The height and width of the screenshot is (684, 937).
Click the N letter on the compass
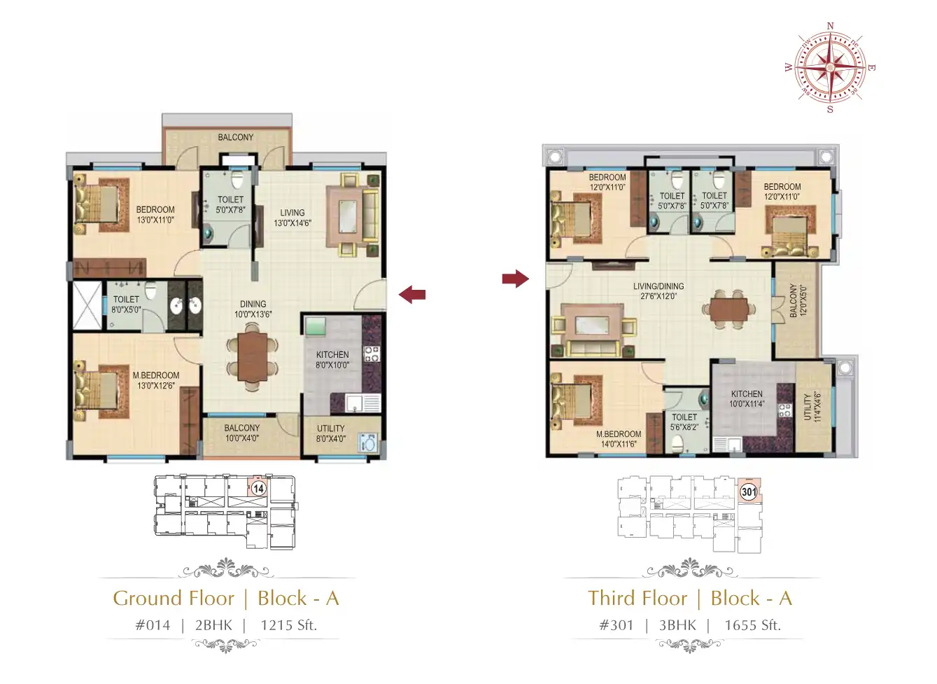click(831, 26)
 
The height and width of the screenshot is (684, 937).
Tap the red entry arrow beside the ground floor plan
click(412, 294)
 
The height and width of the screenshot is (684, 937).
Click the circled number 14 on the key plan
click(258, 489)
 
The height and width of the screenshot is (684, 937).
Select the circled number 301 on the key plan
click(749, 491)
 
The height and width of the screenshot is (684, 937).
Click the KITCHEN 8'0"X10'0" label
click(332, 360)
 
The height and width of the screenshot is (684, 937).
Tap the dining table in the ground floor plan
click(252, 356)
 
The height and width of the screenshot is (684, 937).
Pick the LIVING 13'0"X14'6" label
click(293, 218)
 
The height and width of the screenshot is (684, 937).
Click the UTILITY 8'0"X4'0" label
click(330, 433)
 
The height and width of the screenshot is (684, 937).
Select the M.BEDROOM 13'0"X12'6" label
click(156, 381)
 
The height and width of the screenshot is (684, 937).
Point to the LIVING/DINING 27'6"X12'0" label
click(658, 291)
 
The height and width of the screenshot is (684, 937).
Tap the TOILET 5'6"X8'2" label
click(684, 422)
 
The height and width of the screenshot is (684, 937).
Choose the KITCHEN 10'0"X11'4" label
click(747, 398)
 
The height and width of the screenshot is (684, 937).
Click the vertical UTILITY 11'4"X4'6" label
click(812, 407)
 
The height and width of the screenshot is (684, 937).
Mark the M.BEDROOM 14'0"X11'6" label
click(619, 439)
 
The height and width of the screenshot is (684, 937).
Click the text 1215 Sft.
click(288, 625)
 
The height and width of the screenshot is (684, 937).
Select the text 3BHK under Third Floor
click(677, 625)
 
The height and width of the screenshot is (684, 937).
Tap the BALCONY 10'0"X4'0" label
click(242, 433)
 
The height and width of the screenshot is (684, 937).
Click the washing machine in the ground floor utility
click(368, 443)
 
